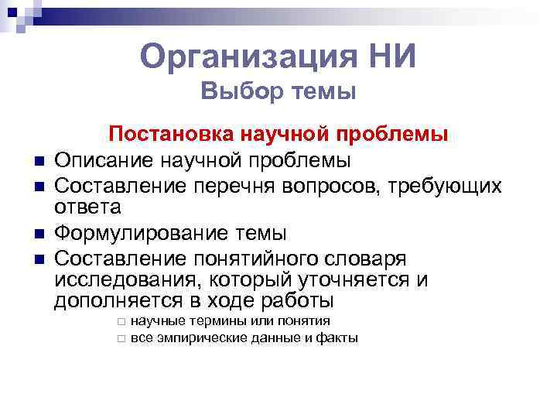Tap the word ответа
[88, 207]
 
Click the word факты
[337, 337]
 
